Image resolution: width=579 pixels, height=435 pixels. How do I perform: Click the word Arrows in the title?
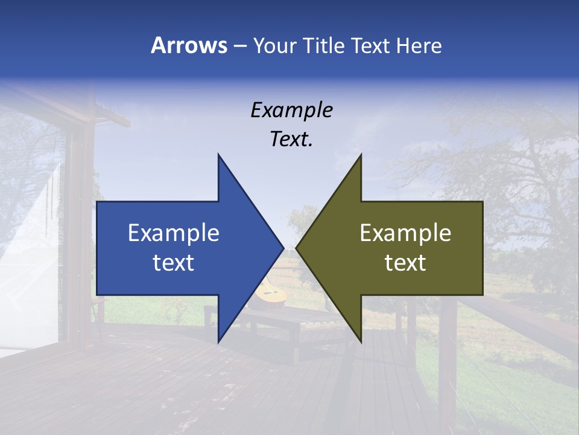click(189, 45)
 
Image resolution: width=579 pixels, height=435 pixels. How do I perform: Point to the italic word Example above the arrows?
click(291, 110)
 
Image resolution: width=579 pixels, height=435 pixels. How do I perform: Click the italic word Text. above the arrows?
click(291, 139)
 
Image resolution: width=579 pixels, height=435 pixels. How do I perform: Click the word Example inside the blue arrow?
click(174, 233)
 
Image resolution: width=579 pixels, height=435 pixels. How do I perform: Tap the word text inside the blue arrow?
click(174, 263)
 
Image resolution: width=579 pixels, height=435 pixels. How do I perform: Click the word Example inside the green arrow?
click(405, 233)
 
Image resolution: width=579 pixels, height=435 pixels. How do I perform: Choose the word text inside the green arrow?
click(405, 263)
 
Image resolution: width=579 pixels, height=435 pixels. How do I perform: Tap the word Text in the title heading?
click(371, 45)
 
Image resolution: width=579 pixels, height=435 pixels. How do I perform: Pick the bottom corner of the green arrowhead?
click(360, 341)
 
